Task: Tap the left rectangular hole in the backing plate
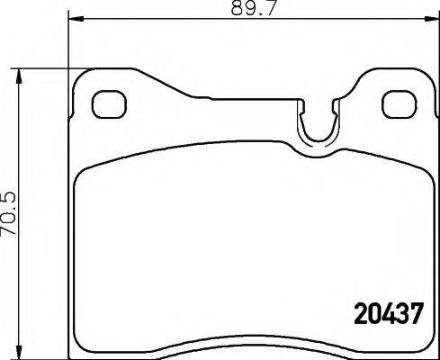click(x=108, y=103)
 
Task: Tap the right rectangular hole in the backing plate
click(x=395, y=103)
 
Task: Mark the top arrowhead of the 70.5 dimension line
click(x=20, y=74)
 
